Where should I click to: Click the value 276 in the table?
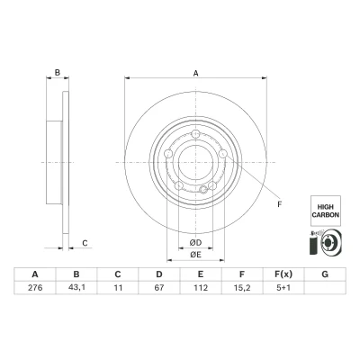pos(35,288)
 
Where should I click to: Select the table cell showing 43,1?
pos(76,288)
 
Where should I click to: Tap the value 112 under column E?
pos(201,288)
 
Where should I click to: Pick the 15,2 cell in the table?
pos(242,288)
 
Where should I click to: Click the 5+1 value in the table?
pos(283,288)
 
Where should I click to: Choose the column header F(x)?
pos(283,274)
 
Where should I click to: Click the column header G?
pos(325,274)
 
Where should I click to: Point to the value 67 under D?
pos(159,288)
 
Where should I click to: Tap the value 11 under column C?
pos(118,288)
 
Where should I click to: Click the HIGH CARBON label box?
pos(326,211)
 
